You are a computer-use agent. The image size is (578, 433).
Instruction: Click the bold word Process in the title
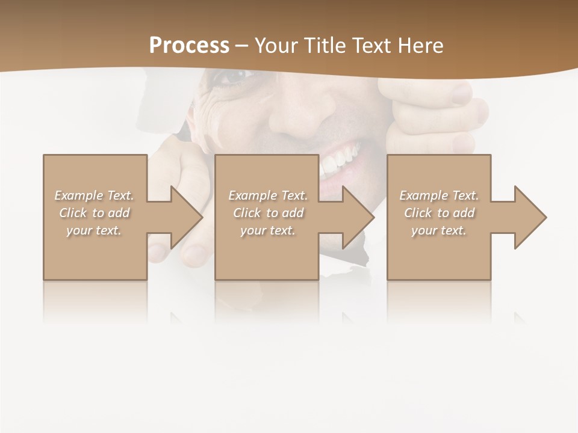click(x=189, y=45)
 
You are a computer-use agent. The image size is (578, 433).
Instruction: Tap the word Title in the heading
click(x=322, y=46)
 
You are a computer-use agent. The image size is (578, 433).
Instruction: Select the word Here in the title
click(x=420, y=46)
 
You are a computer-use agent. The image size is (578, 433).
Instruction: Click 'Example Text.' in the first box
click(x=94, y=195)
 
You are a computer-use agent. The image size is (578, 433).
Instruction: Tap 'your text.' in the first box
click(x=94, y=230)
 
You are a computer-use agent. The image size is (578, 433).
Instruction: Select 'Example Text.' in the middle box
click(x=268, y=195)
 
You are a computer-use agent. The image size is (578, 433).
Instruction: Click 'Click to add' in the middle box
click(x=268, y=213)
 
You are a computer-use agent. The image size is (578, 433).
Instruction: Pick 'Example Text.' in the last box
click(x=439, y=195)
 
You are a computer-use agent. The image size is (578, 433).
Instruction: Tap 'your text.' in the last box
click(x=439, y=230)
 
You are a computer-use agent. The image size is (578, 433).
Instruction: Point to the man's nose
click(x=301, y=114)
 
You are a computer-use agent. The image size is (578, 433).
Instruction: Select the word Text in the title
click(x=373, y=46)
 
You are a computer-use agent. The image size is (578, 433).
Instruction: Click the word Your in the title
click(x=276, y=46)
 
